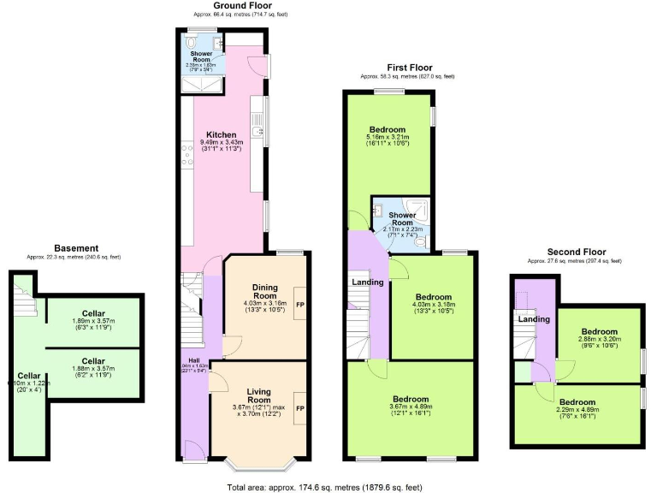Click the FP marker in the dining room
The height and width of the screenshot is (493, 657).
(x=299, y=305)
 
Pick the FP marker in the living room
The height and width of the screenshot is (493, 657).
(x=299, y=407)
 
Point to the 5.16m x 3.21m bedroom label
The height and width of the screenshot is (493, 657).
(x=388, y=130)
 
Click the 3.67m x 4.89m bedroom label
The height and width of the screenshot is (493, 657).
(x=411, y=399)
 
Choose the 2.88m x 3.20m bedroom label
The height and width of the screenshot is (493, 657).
(x=599, y=331)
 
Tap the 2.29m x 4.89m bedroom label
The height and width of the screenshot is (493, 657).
(x=577, y=401)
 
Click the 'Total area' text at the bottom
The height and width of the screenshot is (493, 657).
(x=325, y=486)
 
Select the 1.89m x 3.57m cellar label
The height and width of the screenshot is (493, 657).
(x=94, y=313)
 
